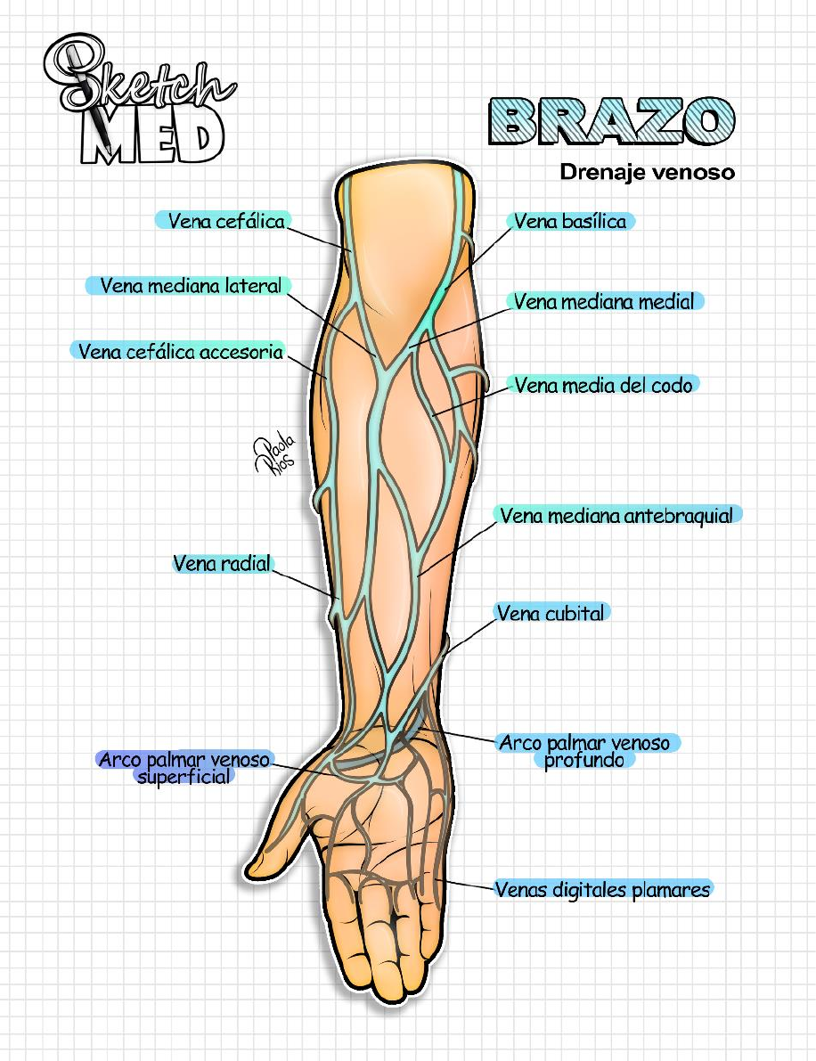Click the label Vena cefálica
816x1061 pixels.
[226, 221]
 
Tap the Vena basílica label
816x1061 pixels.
[570, 221]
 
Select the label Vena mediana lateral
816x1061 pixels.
[191, 286]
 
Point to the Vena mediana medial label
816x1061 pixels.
[604, 302]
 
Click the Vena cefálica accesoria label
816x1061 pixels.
[180, 351]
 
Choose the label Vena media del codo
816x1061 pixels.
[603, 385]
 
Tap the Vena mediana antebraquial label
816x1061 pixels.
[616, 516]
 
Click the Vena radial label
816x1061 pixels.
[222, 563]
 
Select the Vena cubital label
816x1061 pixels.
[551, 613]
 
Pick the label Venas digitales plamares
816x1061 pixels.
[603, 889]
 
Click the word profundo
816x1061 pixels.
[585, 760]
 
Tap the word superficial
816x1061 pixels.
[184, 776]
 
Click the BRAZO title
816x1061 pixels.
[606, 123]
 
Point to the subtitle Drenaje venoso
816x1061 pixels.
[647, 172]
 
